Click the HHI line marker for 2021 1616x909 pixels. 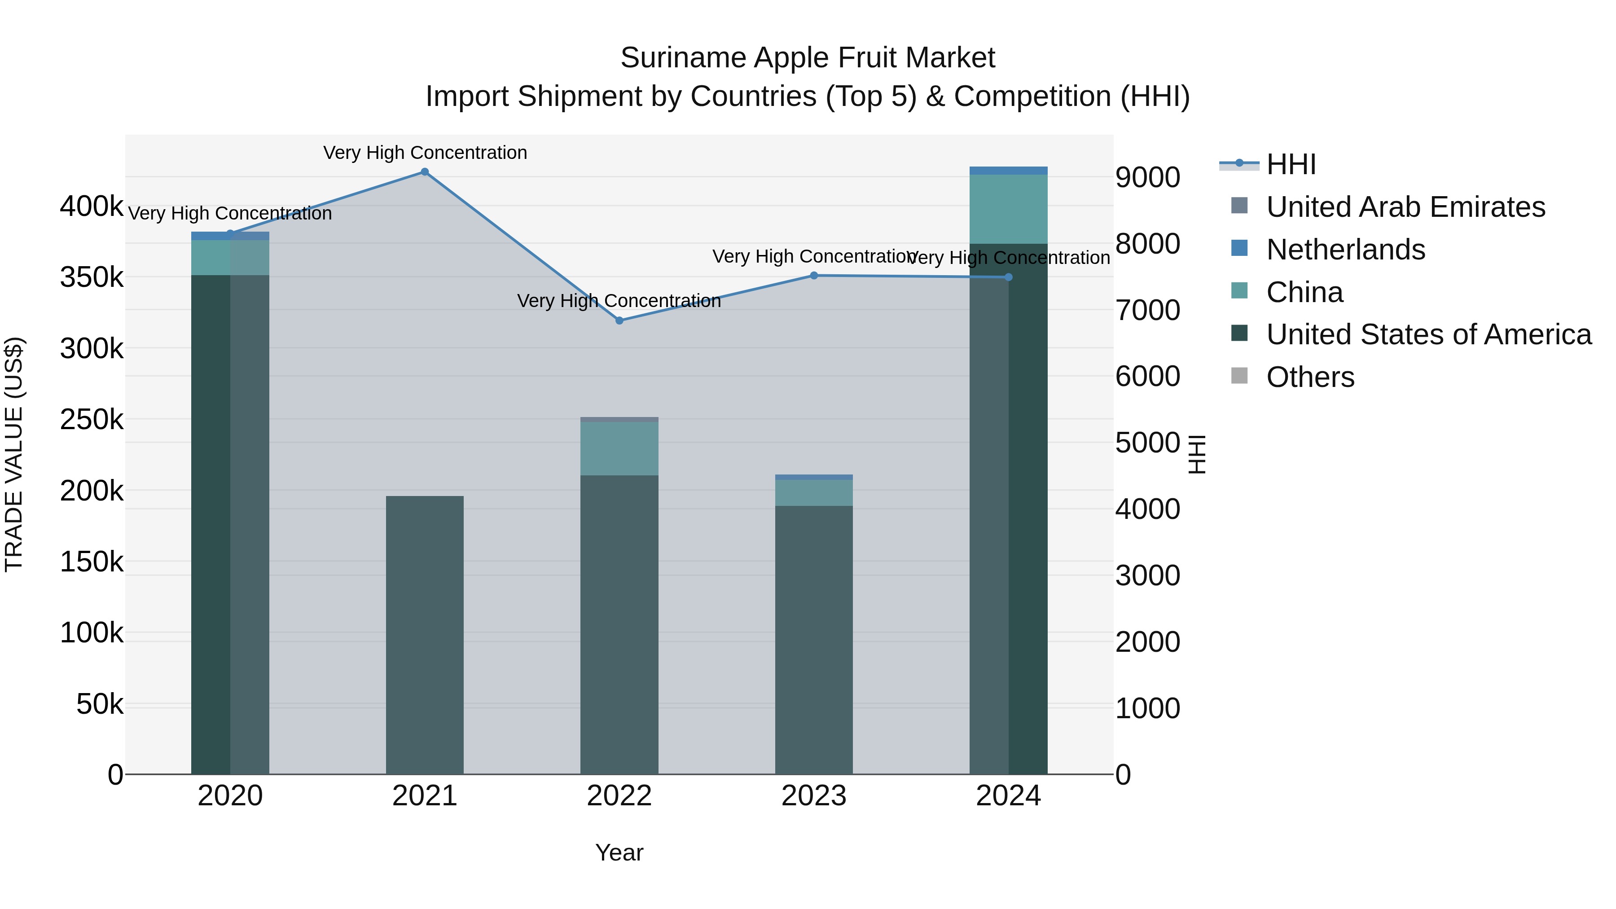[425, 172]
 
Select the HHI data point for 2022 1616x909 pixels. [619, 321]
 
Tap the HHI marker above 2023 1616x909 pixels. [814, 276]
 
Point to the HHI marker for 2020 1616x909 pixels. [230, 234]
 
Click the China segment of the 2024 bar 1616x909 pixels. [1008, 209]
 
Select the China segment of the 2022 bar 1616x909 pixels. [619, 448]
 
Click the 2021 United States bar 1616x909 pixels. [425, 633]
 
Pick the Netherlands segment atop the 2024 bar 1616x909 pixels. [1008, 171]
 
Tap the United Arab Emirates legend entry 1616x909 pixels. [1405, 207]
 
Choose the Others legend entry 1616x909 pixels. [1310, 377]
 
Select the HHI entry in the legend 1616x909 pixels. [1291, 164]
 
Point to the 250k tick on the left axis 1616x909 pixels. [92, 419]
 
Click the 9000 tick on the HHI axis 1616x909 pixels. [1147, 177]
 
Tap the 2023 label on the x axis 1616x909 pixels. [814, 796]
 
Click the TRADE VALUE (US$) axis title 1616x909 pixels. [14, 454]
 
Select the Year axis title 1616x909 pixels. [619, 852]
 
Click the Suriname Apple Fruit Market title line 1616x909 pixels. [808, 58]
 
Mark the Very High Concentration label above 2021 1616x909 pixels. [425, 153]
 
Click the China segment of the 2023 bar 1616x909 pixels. [814, 492]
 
